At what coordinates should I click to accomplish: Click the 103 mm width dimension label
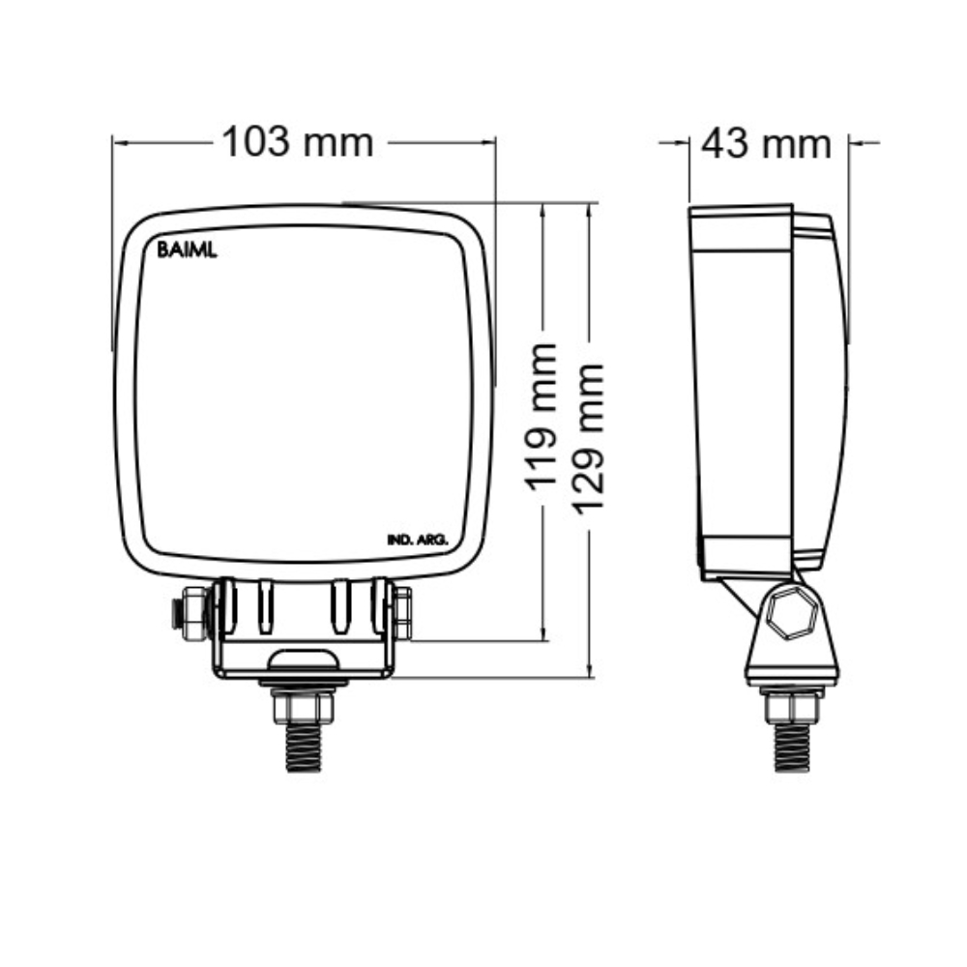coord(298,142)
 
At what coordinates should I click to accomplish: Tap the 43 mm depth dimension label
coord(766,144)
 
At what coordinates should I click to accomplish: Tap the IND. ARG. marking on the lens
coord(417,540)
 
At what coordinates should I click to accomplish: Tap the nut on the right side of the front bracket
coord(402,613)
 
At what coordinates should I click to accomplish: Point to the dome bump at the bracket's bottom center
coord(304,661)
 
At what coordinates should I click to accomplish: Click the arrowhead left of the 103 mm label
coord(118,143)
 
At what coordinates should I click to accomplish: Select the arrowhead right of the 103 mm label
coord(490,143)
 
